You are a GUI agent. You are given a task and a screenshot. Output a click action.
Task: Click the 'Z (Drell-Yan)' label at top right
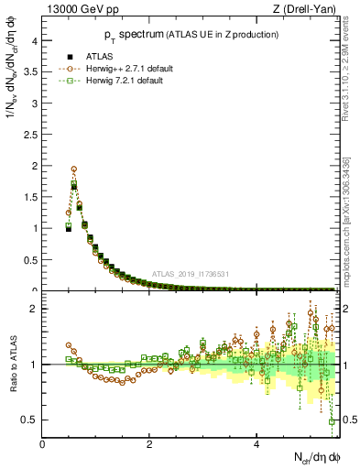coord(301,10)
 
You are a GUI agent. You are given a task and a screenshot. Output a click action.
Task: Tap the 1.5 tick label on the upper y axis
coord(31,196)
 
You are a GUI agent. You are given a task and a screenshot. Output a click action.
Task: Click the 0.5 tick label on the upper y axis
coord(31,259)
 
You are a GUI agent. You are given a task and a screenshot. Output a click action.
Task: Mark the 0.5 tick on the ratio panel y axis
coord(31,420)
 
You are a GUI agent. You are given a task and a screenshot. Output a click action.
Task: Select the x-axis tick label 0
coord(43,444)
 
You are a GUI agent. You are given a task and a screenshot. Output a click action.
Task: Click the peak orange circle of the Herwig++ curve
coord(73,169)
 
